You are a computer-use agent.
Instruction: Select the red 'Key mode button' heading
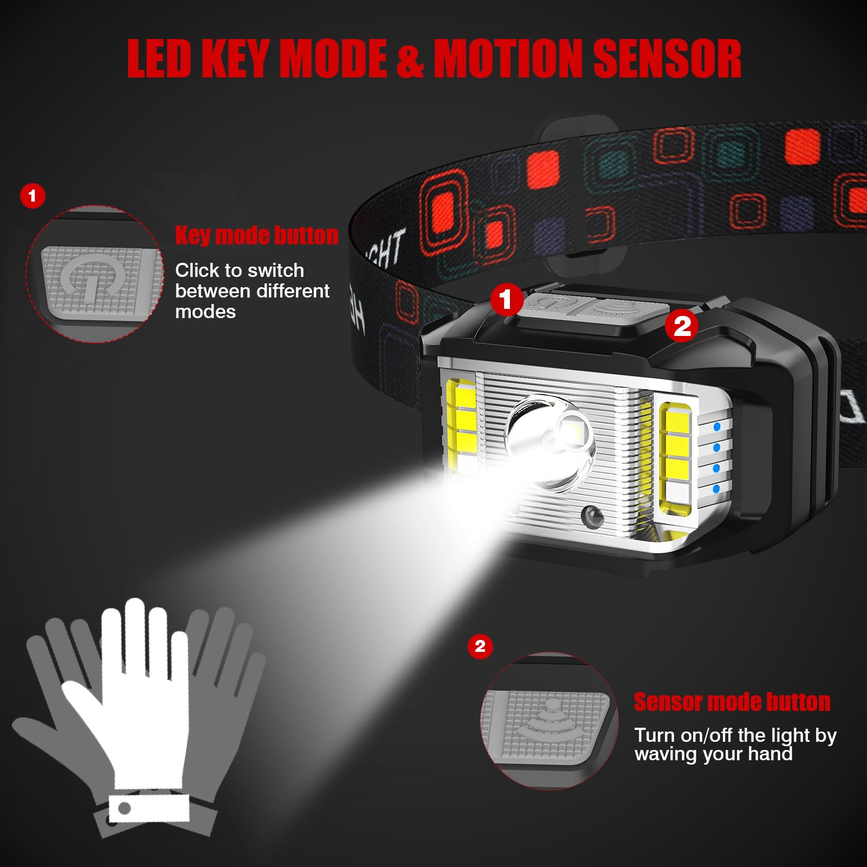[256, 236]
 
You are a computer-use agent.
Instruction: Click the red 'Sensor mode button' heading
[732, 702]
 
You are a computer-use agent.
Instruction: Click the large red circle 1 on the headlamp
[506, 299]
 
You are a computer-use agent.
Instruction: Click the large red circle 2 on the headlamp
[682, 326]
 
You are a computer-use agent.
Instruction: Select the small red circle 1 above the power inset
[33, 196]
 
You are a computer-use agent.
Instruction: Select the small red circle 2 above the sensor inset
[480, 646]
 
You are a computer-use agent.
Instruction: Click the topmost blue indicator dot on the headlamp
[717, 427]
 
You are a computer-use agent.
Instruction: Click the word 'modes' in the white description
[205, 312]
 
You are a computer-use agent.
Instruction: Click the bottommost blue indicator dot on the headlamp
[716, 489]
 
